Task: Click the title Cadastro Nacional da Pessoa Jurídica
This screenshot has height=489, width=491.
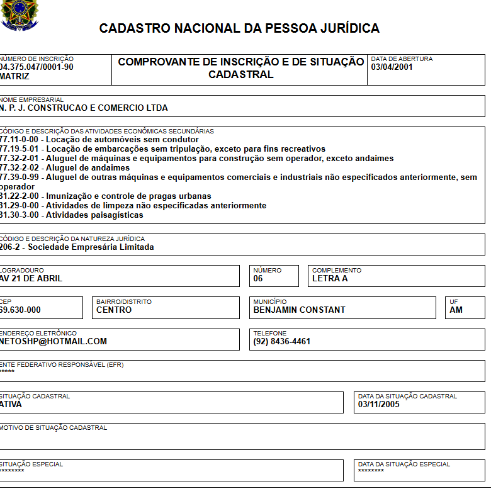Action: click(x=239, y=28)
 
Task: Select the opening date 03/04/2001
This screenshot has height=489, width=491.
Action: click(x=392, y=67)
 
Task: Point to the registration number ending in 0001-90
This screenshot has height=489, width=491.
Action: click(x=37, y=67)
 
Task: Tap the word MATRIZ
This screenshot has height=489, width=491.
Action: click(x=14, y=76)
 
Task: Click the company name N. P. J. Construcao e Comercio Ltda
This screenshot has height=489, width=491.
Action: click(x=84, y=108)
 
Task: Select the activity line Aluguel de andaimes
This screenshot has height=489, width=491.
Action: click(x=65, y=168)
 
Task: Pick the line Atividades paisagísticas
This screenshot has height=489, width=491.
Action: click(x=71, y=215)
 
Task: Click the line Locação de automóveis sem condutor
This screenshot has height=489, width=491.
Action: click(x=99, y=139)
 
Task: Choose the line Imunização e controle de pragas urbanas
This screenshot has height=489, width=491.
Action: click(x=105, y=196)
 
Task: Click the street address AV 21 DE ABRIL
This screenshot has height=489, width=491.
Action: click(x=31, y=278)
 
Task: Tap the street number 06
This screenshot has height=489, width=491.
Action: click(x=258, y=278)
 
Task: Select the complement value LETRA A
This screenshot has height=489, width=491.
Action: click(x=330, y=278)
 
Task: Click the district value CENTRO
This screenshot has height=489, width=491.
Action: click(x=114, y=310)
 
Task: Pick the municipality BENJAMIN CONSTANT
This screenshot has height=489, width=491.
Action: click(x=299, y=310)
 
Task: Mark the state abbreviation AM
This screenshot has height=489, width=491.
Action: click(x=456, y=310)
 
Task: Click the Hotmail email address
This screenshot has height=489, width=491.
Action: click(x=54, y=341)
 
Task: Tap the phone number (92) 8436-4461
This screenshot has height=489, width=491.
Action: click(x=281, y=341)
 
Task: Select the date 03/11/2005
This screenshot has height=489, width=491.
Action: click(x=378, y=404)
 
